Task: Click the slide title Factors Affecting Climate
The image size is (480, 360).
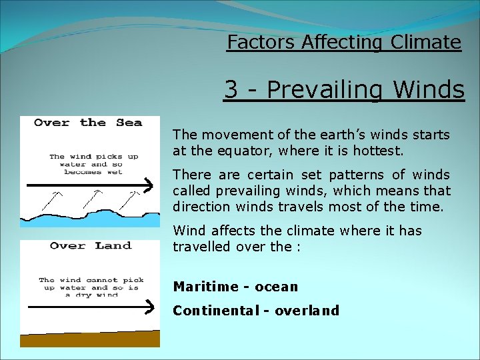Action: [343, 42]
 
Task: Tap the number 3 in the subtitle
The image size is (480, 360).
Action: [231, 89]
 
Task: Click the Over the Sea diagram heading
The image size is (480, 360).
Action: [88, 123]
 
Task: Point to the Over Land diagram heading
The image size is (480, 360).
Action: [90, 246]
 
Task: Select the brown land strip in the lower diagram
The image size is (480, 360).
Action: [90, 339]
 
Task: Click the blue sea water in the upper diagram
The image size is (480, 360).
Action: [90, 219]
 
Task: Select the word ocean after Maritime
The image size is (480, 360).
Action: [276, 287]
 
